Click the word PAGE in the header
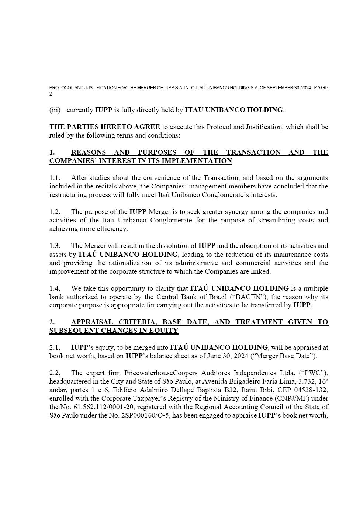click(321, 88)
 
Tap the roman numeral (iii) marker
click(55, 110)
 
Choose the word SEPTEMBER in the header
click(279, 88)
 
